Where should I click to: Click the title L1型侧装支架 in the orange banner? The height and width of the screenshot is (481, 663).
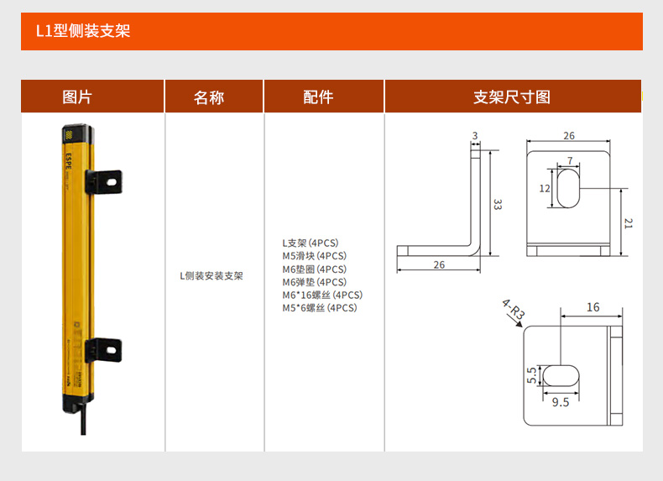pyautogui.click(x=82, y=32)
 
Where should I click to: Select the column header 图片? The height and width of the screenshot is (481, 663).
pyautogui.click(x=77, y=97)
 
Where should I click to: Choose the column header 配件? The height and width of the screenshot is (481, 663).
pyautogui.click(x=318, y=97)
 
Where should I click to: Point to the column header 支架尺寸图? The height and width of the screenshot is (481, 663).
pyautogui.click(x=512, y=97)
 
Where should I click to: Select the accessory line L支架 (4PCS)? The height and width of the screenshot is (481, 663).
pyautogui.click(x=310, y=243)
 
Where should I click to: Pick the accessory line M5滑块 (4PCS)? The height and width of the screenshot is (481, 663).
pyautogui.click(x=314, y=256)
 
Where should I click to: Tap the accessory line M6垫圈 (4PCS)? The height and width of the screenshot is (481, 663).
pyautogui.click(x=314, y=269)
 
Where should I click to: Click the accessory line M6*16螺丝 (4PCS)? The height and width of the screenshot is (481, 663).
pyautogui.click(x=322, y=295)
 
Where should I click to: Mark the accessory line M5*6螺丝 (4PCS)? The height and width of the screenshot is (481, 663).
pyautogui.click(x=320, y=308)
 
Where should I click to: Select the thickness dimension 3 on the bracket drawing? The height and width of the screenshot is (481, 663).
pyautogui.click(x=475, y=136)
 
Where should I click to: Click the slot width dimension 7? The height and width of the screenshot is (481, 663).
pyautogui.click(x=570, y=160)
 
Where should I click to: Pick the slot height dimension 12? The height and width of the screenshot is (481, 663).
pyautogui.click(x=545, y=189)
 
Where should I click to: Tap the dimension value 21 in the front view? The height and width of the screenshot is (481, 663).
pyautogui.click(x=629, y=222)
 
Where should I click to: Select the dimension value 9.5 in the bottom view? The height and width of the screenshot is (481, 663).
pyautogui.click(x=561, y=402)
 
